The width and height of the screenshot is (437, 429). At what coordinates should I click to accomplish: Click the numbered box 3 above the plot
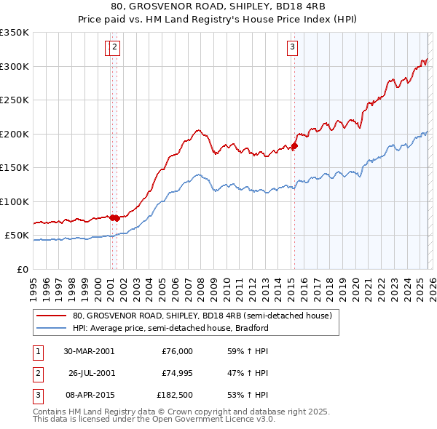(292, 48)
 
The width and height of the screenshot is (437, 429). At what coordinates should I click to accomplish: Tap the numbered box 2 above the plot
(115, 48)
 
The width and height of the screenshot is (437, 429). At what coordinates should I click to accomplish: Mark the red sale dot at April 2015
(294, 146)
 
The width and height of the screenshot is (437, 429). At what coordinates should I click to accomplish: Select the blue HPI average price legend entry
(170, 328)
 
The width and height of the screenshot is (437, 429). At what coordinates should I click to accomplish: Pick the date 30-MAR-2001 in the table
(89, 351)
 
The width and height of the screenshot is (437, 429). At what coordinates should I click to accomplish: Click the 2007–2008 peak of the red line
(197, 131)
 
